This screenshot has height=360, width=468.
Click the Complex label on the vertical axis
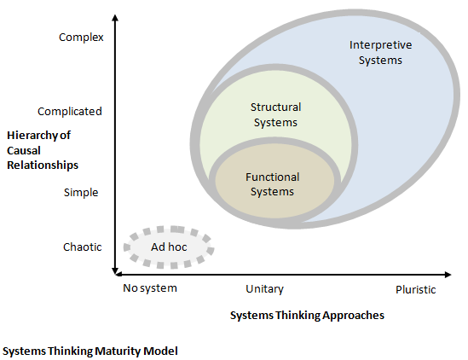click(x=80, y=37)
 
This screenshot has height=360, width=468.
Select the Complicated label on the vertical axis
click(x=70, y=111)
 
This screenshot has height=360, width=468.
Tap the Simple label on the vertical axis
click(x=81, y=192)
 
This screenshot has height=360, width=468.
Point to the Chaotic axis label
click(x=83, y=247)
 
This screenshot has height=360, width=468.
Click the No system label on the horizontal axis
click(x=150, y=287)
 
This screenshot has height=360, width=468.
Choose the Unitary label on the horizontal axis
click(x=264, y=289)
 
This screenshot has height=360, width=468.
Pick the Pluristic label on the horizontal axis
click(x=415, y=289)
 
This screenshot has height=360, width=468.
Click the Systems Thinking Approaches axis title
click(x=307, y=315)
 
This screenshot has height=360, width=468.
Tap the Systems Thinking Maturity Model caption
click(x=90, y=350)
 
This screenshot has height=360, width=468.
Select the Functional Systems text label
click(x=273, y=184)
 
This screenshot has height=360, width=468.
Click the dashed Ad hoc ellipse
click(x=169, y=247)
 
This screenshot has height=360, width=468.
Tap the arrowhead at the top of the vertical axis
click(x=114, y=19)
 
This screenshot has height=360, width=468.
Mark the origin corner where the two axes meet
click(x=114, y=273)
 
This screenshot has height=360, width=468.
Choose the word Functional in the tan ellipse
click(x=273, y=177)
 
